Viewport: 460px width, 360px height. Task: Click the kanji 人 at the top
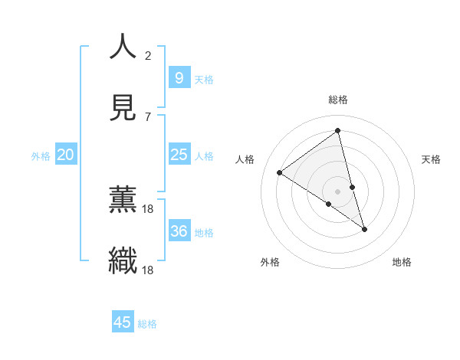(x=123, y=47)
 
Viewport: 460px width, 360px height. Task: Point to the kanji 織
(x=123, y=260)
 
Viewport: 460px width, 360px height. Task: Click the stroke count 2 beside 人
(x=148, y=55)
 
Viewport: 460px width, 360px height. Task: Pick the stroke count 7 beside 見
(x=148, y=116)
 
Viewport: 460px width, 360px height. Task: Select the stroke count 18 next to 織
(x=148, y=270)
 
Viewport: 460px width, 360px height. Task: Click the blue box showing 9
(x=179, y=77)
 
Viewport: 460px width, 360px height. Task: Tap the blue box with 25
(x=179, y=155)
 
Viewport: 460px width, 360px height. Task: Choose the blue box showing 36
(x=179, y=231)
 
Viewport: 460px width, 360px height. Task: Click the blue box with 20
(x=65, y=155)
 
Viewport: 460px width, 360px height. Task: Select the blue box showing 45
(x=123, y=322)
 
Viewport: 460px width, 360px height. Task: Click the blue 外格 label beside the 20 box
(x=41, y=156)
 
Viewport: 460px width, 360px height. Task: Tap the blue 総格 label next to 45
(x=147, y=324)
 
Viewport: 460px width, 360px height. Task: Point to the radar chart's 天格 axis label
(x=431, y=159)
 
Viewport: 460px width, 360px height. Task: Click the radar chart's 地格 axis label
(x=402, y=262)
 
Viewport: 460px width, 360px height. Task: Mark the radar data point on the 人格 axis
(x=280, y=172)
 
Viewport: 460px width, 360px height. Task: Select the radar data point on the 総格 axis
(x=337, y=131)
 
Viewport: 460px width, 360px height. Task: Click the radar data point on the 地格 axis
(x=364, y=229)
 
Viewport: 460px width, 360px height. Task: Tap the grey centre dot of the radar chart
(x=337, y=191)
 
